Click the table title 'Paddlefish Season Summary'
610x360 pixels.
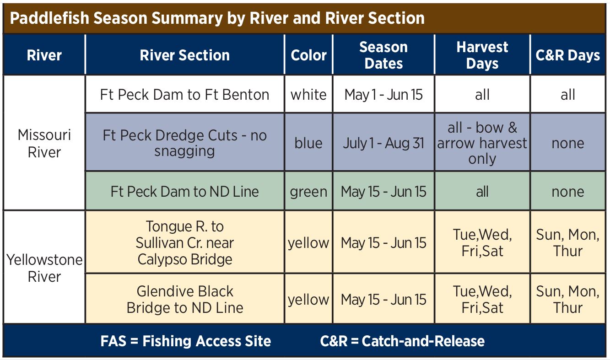pos(117,18)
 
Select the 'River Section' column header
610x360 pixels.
pos(184,55)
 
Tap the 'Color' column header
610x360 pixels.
pos(308,55)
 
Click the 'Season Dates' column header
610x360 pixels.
pos(383,55)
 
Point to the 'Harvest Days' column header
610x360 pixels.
pos(482,55)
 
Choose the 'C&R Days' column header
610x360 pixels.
pos(568,55)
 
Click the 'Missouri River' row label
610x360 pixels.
pos(44,143)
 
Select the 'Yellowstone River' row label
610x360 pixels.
pos(44,268)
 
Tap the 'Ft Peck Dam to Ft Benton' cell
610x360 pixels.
pos(184,95)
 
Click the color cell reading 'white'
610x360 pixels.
pos(308,95)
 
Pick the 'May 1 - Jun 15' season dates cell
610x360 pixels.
pos(383,95)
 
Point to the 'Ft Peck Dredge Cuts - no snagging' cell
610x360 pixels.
pos(184,143)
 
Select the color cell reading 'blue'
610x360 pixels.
pos(308,143)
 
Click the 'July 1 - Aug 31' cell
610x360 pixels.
pos(383,143)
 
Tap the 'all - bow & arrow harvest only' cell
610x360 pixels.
pos(482,143)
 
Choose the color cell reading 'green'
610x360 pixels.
pos(308,192)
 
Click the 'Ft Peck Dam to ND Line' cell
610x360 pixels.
pos(184,192)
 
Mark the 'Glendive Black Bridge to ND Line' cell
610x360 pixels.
pos(184,300)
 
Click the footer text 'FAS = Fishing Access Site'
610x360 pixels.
pos(186,341)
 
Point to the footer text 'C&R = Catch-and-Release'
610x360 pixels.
pos(402,341)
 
